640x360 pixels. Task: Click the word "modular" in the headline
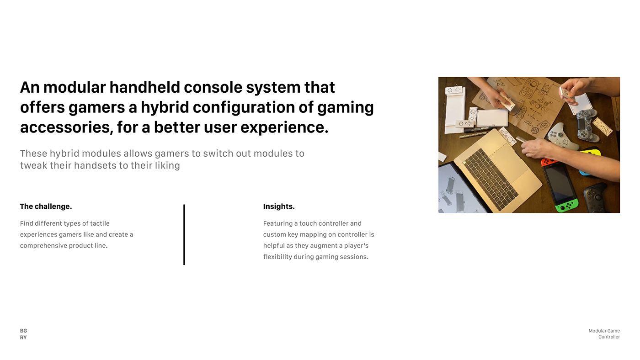click(75, 87)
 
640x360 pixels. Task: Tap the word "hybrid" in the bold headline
click(165, 107)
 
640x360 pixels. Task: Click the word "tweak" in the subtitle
click(33, 165)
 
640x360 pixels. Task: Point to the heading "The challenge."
click(46, 206)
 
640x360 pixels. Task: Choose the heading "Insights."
click(279, 206)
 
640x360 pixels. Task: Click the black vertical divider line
click(184, 235)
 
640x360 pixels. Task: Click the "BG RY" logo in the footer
click(23, 334)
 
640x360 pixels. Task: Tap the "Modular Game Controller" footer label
click(604, 334)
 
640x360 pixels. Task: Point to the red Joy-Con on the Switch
click(549, 162)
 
